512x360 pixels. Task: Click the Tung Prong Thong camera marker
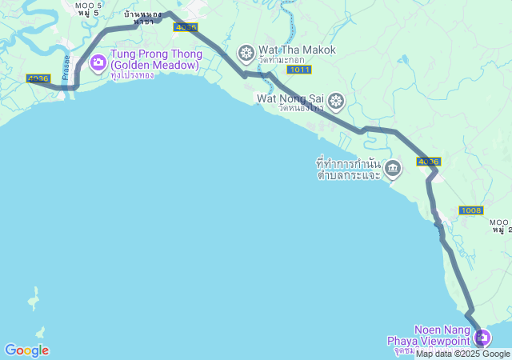point(98,62)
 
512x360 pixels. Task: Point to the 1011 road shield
point(300,70)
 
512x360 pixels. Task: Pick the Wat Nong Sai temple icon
point(337,100)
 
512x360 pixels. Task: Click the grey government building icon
point(393,167)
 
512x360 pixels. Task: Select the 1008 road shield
point(471,210)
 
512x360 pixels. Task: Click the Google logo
point(26,350)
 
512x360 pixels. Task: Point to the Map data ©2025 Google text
point(462,354)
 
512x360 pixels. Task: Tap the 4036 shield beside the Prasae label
point(38,78)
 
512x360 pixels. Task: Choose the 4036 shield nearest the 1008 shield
point(428,162)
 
